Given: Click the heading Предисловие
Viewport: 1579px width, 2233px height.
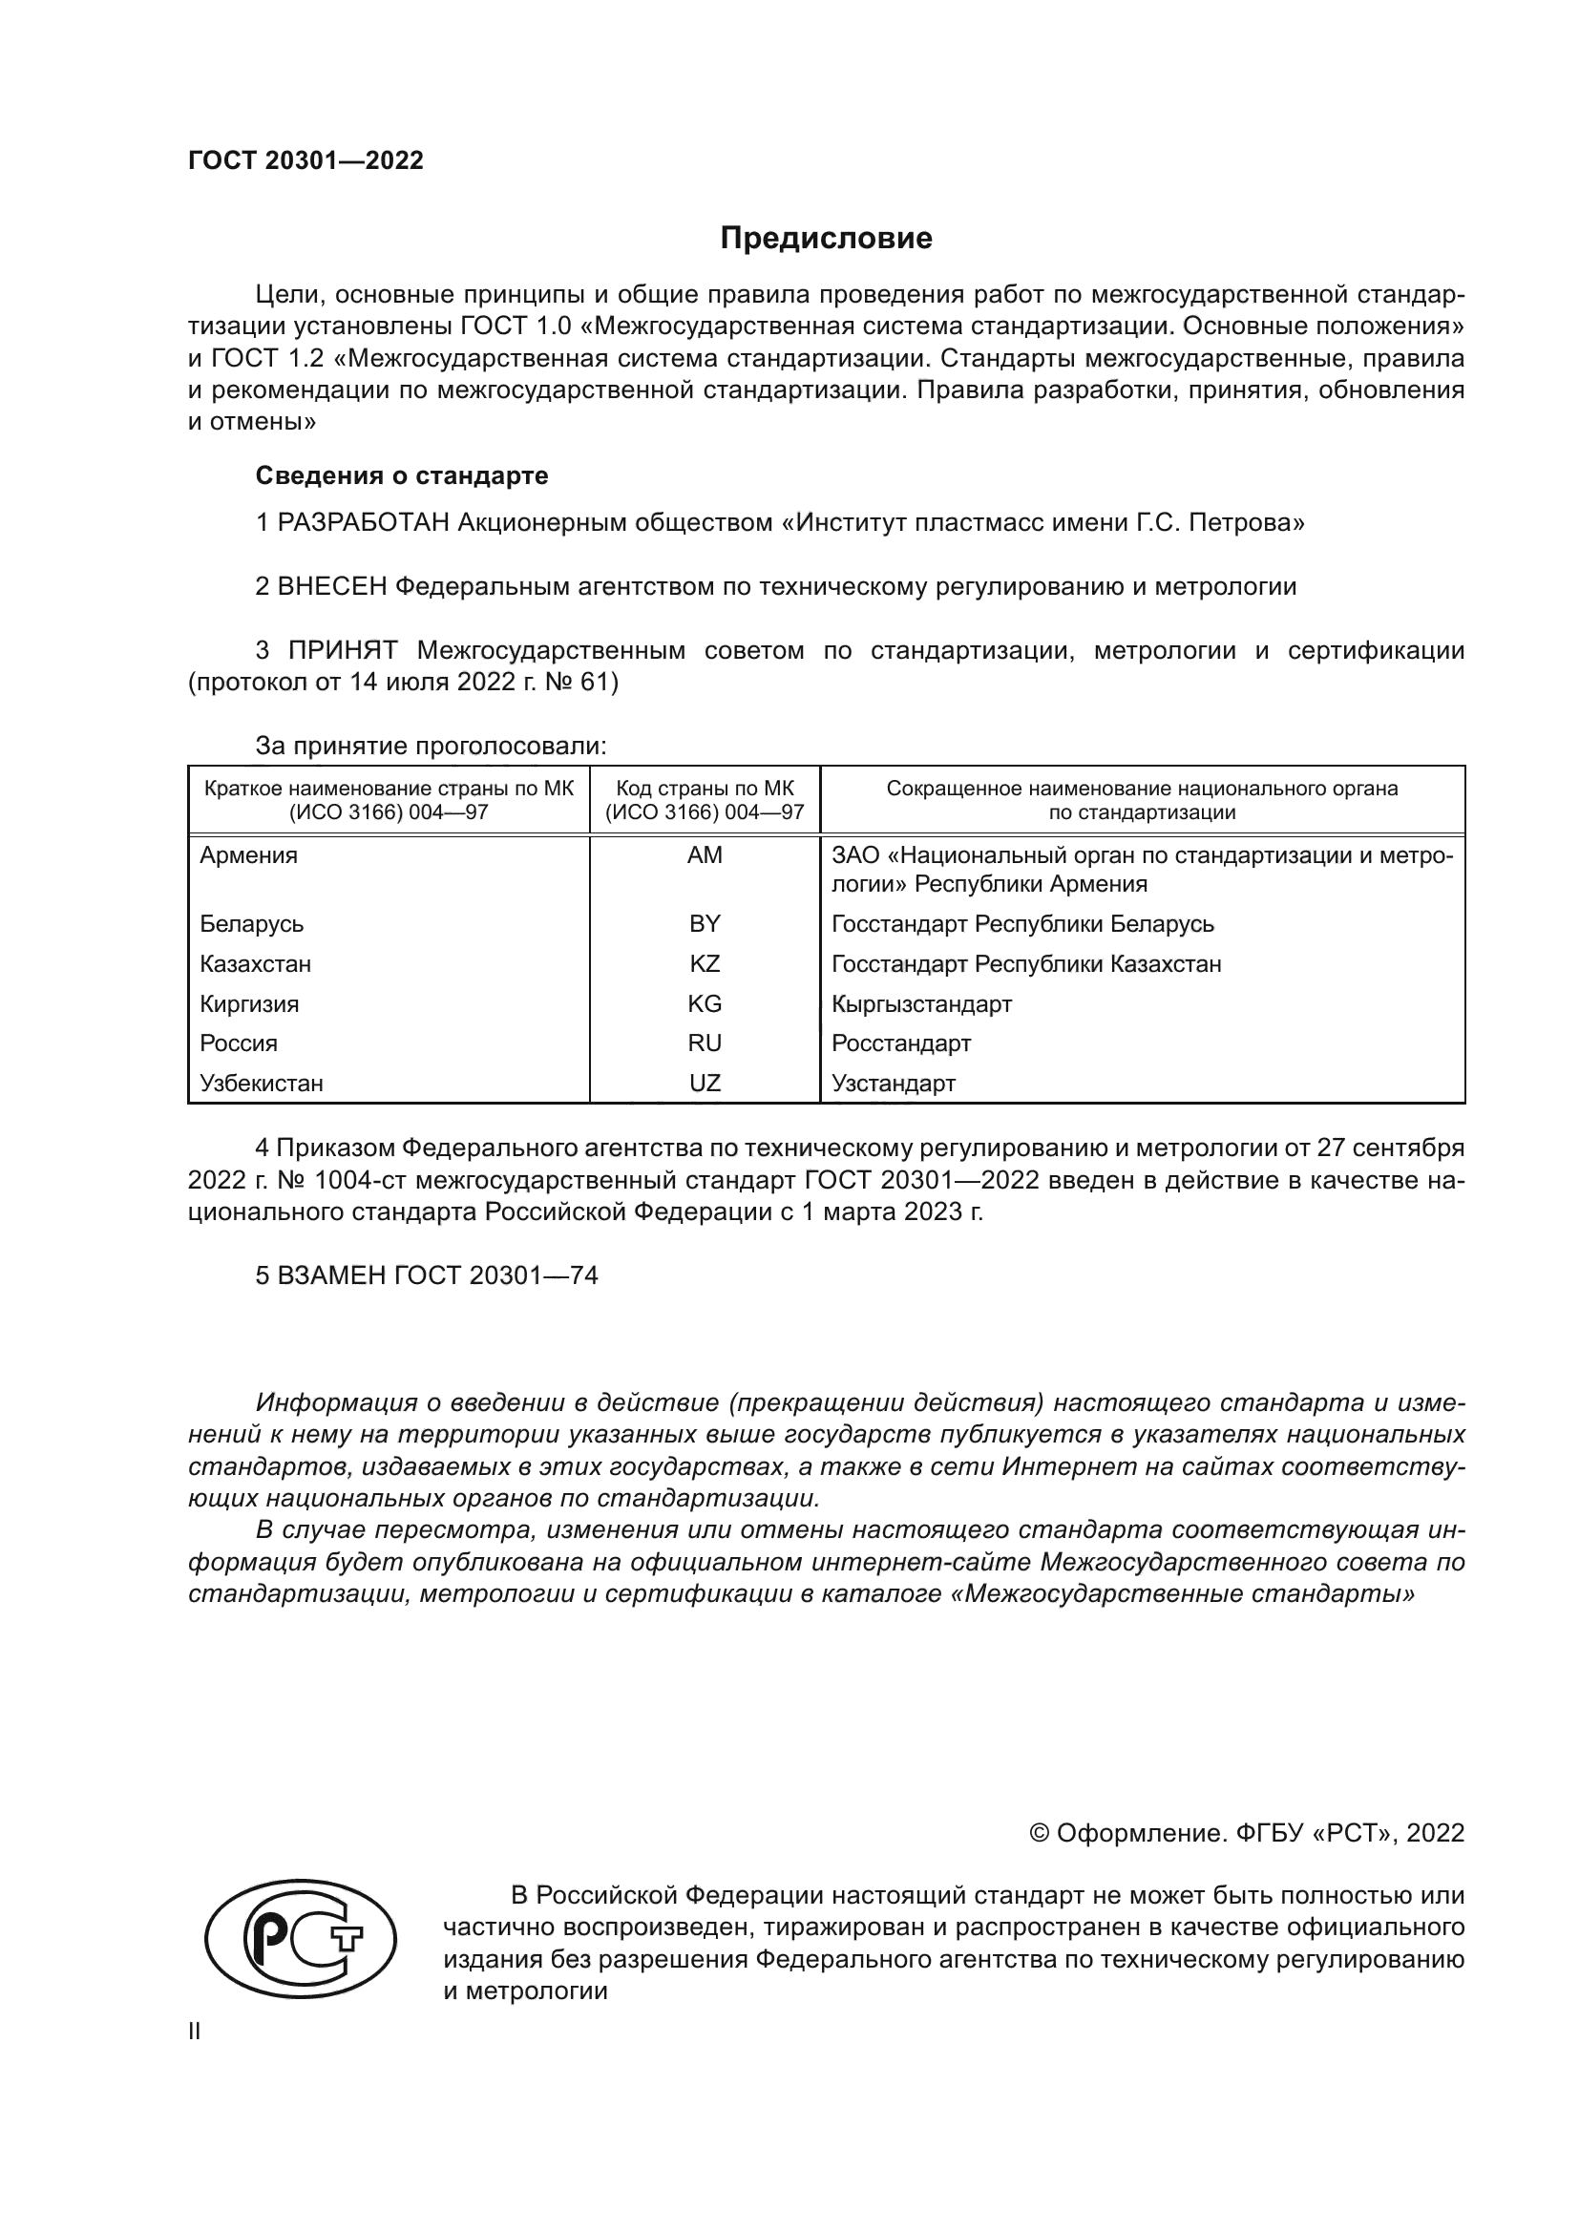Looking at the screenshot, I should tap(826, 239).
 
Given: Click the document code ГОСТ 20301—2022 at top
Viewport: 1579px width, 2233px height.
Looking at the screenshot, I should tap(305, 160).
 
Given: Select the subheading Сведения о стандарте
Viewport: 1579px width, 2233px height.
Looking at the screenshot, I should tap(402, 475).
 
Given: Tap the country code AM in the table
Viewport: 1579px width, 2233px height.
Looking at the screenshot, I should tap(705, 854).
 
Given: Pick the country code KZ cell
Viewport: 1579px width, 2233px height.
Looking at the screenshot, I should tap(705, 964).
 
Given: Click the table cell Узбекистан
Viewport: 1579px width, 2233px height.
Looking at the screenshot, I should tap(262, 1084).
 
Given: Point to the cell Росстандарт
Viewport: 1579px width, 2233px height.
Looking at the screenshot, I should tap(901, 1043).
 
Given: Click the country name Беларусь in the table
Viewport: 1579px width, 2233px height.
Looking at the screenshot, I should tap(252, 924).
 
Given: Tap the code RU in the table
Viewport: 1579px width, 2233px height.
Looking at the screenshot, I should tap(705, 1043).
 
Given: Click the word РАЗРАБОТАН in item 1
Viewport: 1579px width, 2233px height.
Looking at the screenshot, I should tap(364, 523).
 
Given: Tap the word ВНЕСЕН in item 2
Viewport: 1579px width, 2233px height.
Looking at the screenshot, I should tap(332, 586).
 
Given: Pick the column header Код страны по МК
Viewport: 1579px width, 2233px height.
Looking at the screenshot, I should tap(705, 788).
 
